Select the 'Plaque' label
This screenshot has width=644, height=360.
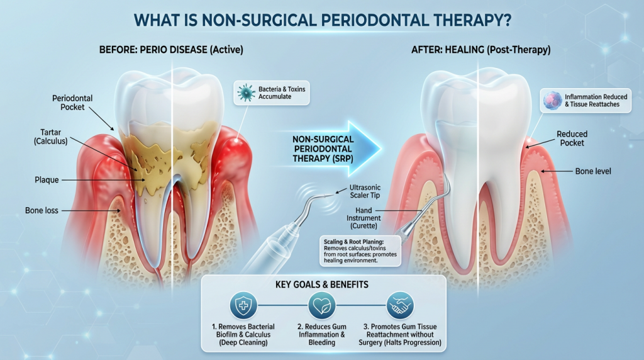(47, 180)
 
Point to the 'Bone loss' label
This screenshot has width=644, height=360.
(42, 210)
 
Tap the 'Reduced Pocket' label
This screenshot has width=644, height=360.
(572, 138)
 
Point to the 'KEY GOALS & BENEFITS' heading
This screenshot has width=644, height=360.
(322, 284)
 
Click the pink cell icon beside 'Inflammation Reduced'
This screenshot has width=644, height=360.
(552, 100)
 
